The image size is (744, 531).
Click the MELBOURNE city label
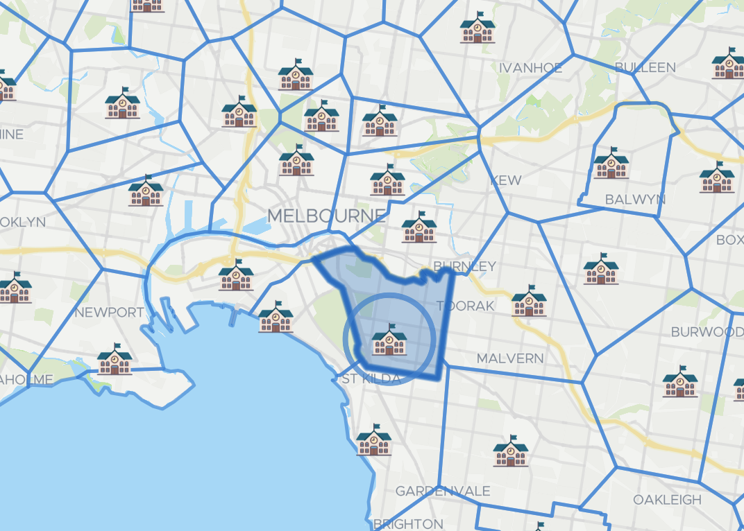(x=327, y=216)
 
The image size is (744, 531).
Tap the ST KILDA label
(x=371, y=379)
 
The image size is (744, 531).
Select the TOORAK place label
(x=466, y=306)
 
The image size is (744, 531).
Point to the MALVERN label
(x=510, y=358)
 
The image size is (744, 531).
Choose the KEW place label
(x=506, y=180)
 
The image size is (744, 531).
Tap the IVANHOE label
(x=531, y=68)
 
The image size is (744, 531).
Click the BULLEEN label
(x=645, y=67)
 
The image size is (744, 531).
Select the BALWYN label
(x=635, y=200)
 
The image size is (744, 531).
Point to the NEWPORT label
(x=109, y=313)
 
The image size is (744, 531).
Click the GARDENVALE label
(x=443, y=491)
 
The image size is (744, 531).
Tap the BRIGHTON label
(x=408, y=523)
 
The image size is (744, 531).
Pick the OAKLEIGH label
(x=667, y=500)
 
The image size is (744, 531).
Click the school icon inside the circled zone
(x=389, y=340)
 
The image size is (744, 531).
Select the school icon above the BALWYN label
(x=611, y=164)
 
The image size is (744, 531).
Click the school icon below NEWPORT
(x=115, y=359)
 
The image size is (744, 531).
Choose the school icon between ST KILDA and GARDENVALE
(x=374, y=440)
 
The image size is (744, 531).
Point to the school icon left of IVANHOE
(x=478, y=28)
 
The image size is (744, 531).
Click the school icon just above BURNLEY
(x=419, y=227)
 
